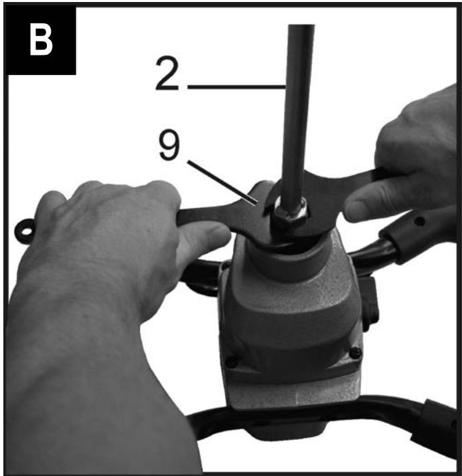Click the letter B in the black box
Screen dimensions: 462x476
pos(41,40)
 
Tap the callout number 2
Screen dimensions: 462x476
pos(167,73)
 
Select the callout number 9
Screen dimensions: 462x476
pos(169,144)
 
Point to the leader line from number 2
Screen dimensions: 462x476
pos(237,87)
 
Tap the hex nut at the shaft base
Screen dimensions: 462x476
pos(290,213)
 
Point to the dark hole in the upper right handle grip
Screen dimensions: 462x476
pos(420,221)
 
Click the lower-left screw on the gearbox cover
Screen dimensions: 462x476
pos(232,361)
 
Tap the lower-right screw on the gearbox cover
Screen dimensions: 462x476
pos(356,352)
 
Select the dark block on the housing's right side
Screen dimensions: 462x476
pos(370,304)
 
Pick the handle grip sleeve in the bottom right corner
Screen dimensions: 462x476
pos(438,428)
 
